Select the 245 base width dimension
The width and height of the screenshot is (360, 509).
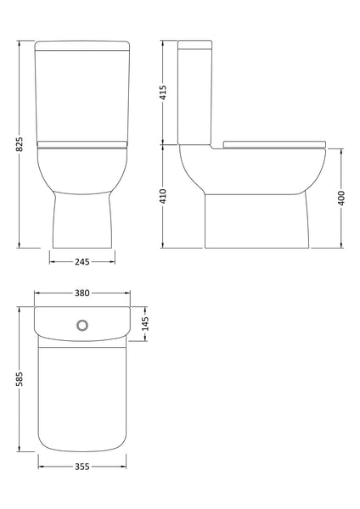coord(82,260)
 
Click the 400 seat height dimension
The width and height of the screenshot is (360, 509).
coord(340,197)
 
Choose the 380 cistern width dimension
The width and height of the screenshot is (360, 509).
coord(82,294)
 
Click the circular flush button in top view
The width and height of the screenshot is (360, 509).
coord(83,324)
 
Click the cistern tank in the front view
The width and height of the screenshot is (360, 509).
coord(82,93)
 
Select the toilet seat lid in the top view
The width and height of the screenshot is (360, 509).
coord(82,399)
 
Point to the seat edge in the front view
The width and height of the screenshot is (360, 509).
coord(82,143)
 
